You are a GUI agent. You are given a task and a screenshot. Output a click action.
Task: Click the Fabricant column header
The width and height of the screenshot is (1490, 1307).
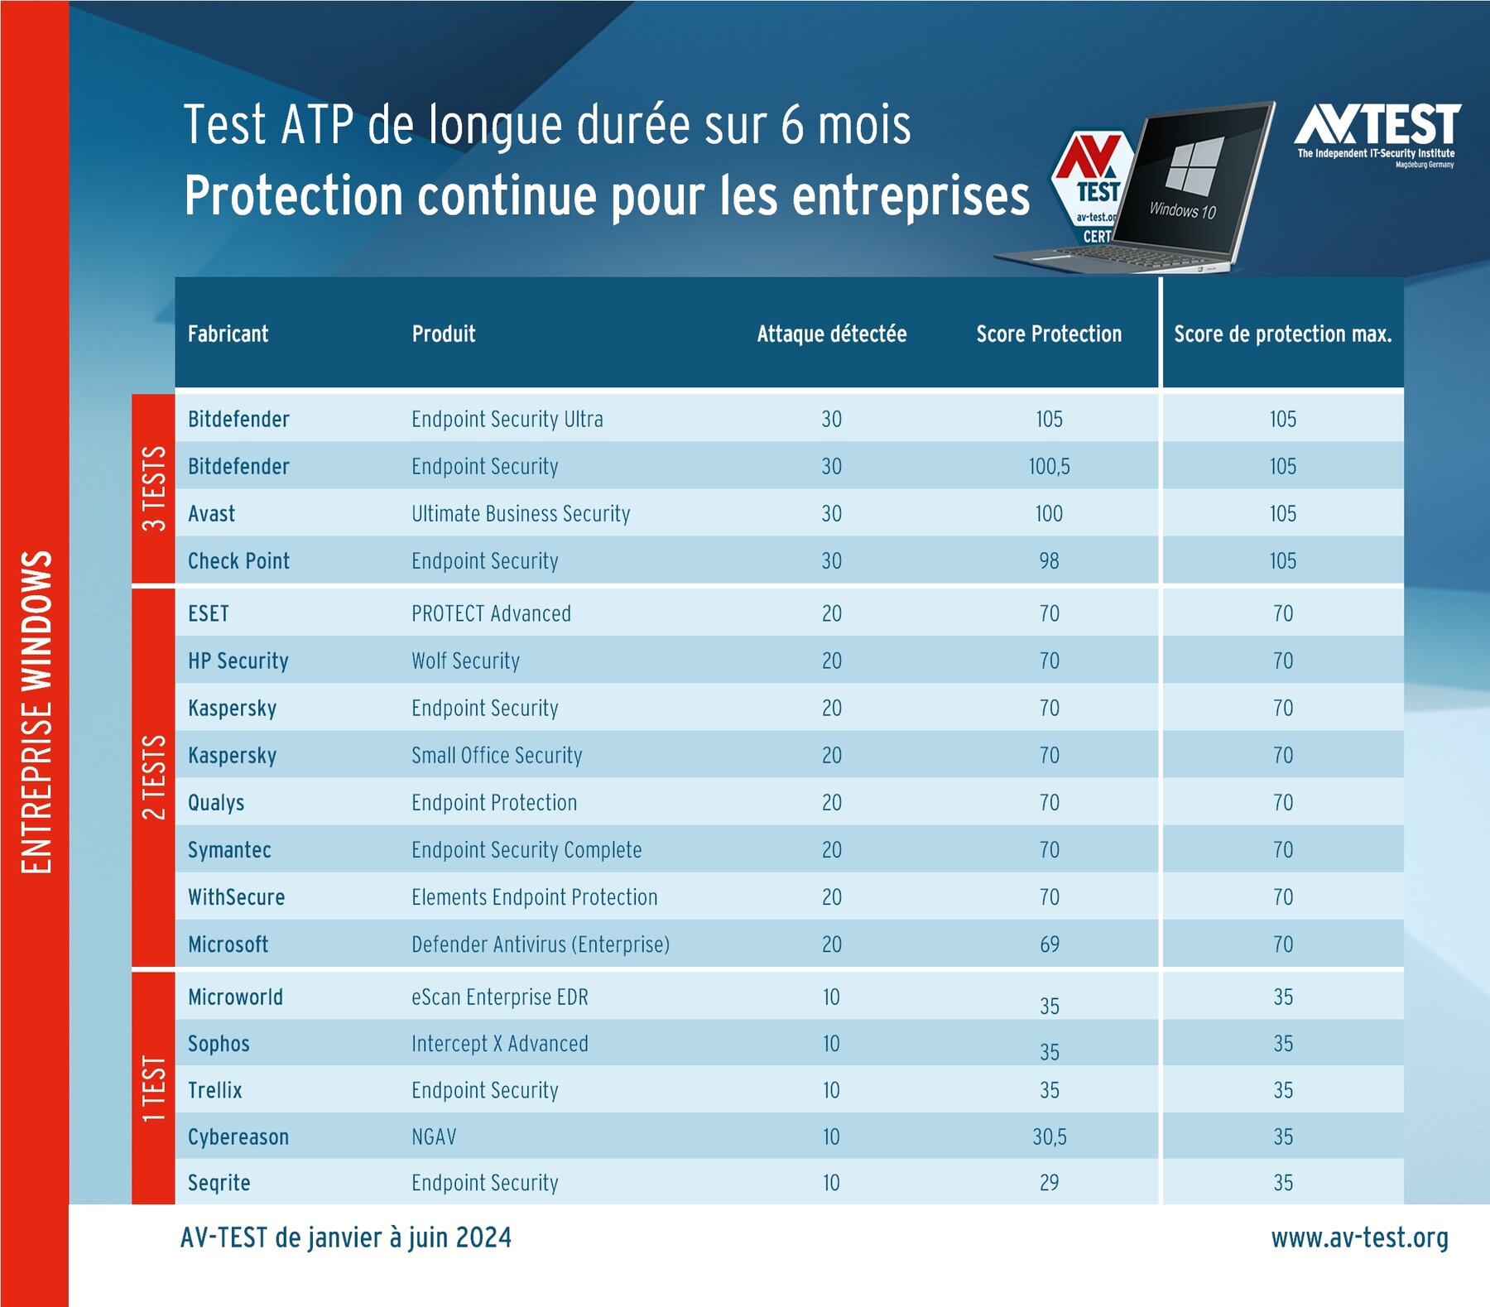228,334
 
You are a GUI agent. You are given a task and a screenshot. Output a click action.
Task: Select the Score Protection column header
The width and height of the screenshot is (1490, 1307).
1049,334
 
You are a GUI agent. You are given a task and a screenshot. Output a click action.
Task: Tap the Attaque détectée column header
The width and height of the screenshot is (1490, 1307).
831,334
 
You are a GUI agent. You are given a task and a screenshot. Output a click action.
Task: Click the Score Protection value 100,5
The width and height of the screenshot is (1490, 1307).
1049,467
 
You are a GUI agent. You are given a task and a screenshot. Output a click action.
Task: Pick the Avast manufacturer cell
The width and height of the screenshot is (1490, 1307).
212,514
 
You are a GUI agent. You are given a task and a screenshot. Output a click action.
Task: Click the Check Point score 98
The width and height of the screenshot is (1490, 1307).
1049,561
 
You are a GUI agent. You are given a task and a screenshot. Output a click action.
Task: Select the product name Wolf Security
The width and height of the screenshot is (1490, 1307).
465,661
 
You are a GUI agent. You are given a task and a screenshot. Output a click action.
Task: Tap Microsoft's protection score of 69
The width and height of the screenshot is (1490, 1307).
1049,944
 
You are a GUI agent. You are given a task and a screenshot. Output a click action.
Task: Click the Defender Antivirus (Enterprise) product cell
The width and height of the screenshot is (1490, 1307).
541,944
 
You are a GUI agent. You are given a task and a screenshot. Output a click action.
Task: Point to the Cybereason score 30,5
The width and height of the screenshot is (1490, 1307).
1049,1137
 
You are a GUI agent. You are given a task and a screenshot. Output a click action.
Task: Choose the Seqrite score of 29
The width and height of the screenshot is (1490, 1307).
1049,1183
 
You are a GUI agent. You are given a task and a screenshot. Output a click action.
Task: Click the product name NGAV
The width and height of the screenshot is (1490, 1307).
434,1137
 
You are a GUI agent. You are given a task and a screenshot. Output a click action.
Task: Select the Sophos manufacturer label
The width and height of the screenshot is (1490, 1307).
219,1044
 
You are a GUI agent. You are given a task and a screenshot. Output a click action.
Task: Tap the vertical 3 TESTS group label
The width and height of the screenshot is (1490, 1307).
154,488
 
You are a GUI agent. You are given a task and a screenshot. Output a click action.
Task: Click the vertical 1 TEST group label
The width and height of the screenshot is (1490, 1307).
154,1088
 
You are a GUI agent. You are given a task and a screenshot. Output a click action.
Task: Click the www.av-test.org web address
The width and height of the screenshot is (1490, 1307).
1359,1238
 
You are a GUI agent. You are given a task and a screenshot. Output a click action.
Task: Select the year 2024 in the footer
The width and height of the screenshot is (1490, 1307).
483,1238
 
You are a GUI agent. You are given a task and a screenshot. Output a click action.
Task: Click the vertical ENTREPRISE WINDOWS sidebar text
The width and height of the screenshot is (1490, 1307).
36,712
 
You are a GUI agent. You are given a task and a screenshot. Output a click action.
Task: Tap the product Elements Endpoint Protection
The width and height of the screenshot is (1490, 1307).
534,897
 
